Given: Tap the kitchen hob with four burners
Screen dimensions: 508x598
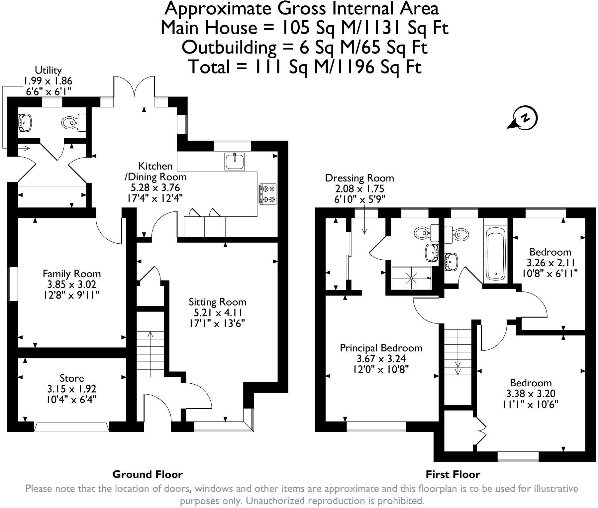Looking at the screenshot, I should [268, 194].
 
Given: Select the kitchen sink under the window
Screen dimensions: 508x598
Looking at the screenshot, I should [235, 162].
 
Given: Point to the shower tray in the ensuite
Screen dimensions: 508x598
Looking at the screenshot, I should [412, 278].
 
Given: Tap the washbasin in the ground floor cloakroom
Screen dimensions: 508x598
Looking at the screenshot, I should [24, 122].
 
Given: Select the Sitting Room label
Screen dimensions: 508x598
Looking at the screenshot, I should [218, 302].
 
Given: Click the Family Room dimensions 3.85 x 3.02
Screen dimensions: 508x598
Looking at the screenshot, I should [71, 285].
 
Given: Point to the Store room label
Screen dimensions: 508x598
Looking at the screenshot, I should [72, 378].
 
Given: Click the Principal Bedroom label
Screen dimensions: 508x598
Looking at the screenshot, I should [381, 348].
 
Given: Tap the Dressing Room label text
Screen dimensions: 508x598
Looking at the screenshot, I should [359, 178].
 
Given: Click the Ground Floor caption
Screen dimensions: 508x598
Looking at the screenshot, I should [148, 474].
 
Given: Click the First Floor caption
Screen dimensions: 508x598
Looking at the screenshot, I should [453, 474].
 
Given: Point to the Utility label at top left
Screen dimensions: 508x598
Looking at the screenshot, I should [49, 70].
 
